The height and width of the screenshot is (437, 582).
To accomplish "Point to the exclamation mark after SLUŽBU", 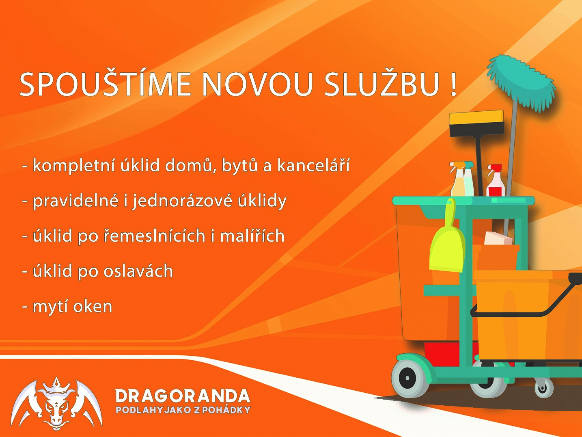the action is pyautogui.click(x=453, y=84).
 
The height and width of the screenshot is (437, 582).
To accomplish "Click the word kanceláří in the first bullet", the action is pyautogui.click(x=313, y=165).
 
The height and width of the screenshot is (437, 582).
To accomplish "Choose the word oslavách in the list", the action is pyautogui.click(x=138, y=270).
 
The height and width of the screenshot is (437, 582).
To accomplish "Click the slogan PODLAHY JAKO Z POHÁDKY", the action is pyautogui.click(x=183, y=410).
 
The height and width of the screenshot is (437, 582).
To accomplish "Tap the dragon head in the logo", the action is pyautogui.click(x=56, y=408).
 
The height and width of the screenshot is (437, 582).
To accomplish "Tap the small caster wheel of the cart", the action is pyautogui.click(x=544, y=388).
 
